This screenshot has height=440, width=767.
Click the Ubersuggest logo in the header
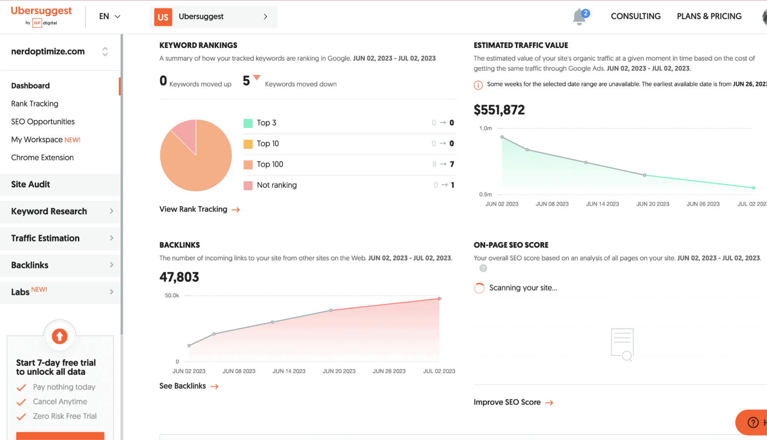(x=41, y=16)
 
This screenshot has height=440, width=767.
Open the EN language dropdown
(x=109, y=17)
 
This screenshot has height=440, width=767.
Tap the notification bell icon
(x=579, y=17)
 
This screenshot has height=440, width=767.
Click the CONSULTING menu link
(x=635, y=17)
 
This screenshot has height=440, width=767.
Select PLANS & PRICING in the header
(x=709, y=17)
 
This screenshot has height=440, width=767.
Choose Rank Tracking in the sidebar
(x=35, y=104)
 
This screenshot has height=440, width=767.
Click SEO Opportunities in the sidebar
(x=43, y=122)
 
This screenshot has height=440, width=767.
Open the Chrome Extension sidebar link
(x=42, y=158)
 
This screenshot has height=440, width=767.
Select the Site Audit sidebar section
(x=30, y=184)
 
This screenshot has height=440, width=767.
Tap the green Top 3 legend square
(x=248, y=123)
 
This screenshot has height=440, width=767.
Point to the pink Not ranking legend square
(x=248, y=185)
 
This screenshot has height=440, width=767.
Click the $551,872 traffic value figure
(x=499, y=110)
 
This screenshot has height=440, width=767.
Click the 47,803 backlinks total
(x=179, y=277)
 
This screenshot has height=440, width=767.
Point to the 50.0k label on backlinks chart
(x=172, y=296)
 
